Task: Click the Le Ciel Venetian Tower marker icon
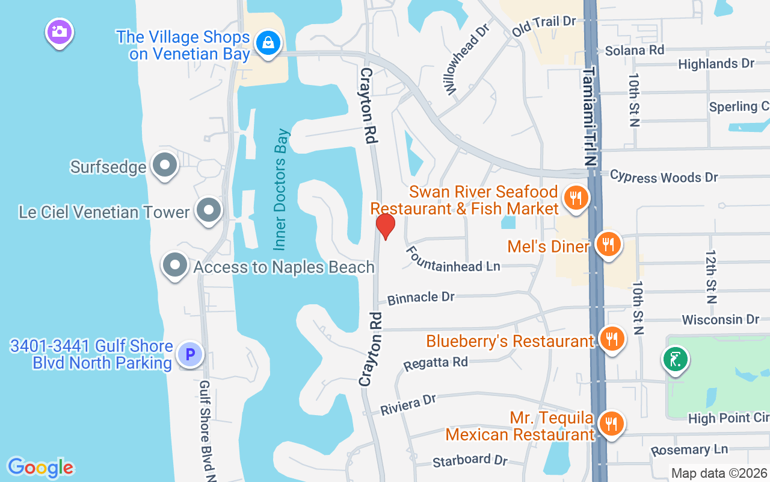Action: [209, 211]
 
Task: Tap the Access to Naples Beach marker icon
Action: [175, 265]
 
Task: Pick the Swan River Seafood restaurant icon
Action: [576, 197]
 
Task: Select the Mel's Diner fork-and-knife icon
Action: [609, 245]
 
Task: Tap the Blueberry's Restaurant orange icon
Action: [612, 339]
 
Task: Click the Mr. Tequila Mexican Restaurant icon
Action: [611, 423]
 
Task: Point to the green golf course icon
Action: [676, 360]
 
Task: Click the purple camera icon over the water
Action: [59, 31]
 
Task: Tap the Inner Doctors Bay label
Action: [281, 189]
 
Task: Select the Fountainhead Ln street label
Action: [453, 259]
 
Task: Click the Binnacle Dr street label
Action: [421, 298]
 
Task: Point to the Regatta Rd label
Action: [436, 363]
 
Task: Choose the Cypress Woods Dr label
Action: [664, 177]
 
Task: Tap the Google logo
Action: [40, 468]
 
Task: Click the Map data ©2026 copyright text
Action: [719, 473]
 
